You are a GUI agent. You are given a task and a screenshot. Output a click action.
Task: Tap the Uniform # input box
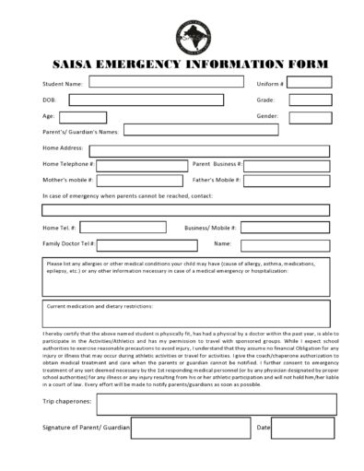click(x=310, y=82)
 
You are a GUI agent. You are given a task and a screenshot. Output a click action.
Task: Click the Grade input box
click(x=310, y=100)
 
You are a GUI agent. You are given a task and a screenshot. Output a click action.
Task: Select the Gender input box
click(x=310, y=117)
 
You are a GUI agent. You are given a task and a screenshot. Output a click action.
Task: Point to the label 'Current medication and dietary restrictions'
click(x=100, y=306)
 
